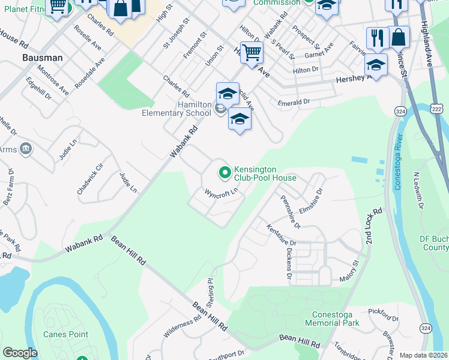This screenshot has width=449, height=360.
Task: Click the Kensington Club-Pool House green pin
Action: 225,173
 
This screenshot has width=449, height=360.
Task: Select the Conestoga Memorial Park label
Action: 336,319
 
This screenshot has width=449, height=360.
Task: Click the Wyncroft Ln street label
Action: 222,193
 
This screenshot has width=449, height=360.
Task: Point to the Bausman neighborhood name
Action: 42,58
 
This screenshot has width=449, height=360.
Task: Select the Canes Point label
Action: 65,334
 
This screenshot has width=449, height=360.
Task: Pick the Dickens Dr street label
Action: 289,265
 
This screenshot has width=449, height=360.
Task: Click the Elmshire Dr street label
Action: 311,199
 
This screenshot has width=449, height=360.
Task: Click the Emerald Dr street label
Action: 294,103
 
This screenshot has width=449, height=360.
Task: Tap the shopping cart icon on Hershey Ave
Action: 252,52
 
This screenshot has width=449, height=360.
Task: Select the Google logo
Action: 20,353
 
